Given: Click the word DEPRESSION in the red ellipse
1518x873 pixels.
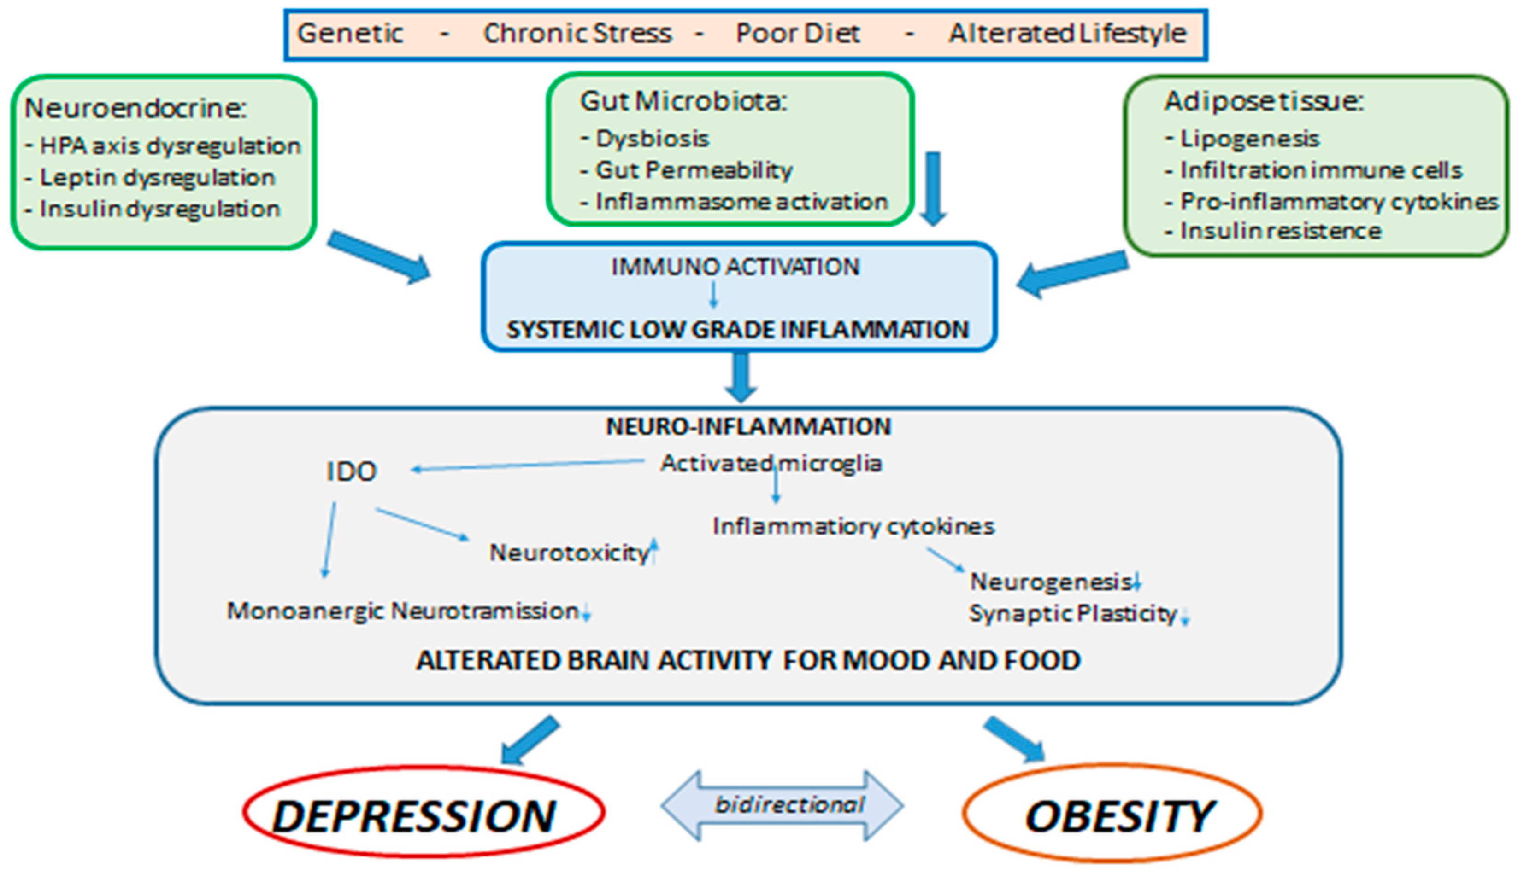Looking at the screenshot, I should [414, 817].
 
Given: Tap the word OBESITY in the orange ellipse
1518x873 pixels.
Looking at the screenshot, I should [1118, 817].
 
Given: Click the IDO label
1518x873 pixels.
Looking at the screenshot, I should [352, 472].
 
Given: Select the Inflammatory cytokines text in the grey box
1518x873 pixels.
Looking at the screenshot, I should [853, 526].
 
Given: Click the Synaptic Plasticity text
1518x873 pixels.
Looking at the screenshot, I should [1073, 613].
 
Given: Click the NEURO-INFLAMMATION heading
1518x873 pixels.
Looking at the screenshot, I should [748, 427].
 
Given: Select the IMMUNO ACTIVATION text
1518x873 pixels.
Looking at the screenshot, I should [735, 267].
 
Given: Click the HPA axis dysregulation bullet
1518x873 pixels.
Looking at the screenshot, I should [169, 145].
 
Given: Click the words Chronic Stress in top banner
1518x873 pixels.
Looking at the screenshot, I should [577, 34].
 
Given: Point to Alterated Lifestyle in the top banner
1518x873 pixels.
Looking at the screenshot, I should [1067, 34].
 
